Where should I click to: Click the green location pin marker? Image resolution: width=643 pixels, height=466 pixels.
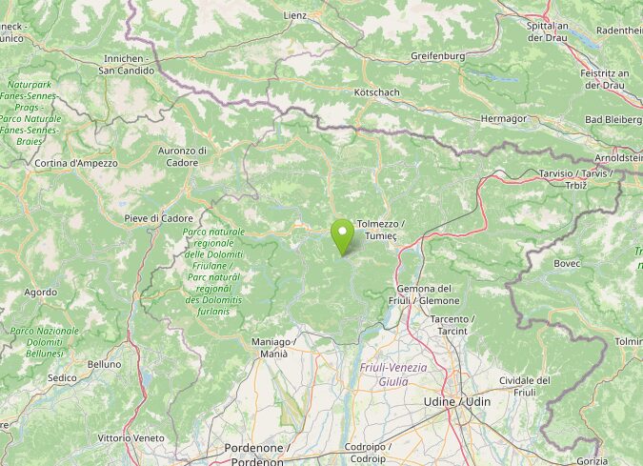pos(342,234)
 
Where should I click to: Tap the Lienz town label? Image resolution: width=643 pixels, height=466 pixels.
pos(295,15)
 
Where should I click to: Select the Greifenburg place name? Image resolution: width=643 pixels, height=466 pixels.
pos(437,56)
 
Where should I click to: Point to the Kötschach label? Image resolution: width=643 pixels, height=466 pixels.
pos(376,92)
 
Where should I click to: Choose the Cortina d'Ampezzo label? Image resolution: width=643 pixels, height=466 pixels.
pos(76,163)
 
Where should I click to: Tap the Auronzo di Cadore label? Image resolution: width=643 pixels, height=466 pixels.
pos(182,156)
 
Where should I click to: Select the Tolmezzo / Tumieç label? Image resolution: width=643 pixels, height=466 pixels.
pos(380,229)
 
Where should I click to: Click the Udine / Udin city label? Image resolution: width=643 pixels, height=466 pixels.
pos(457,401)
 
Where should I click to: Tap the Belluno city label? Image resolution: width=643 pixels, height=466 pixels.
pos(104,364)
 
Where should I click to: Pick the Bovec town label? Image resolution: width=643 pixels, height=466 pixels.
pos(567,263)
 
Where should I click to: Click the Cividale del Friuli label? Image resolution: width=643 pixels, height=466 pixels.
pos(525,386)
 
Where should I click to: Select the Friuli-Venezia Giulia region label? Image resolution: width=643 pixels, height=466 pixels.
pos(393,375)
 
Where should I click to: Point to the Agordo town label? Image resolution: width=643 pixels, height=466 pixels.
pos(40,293)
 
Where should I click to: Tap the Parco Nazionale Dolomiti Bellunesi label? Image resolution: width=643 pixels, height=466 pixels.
pos(44,341)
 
